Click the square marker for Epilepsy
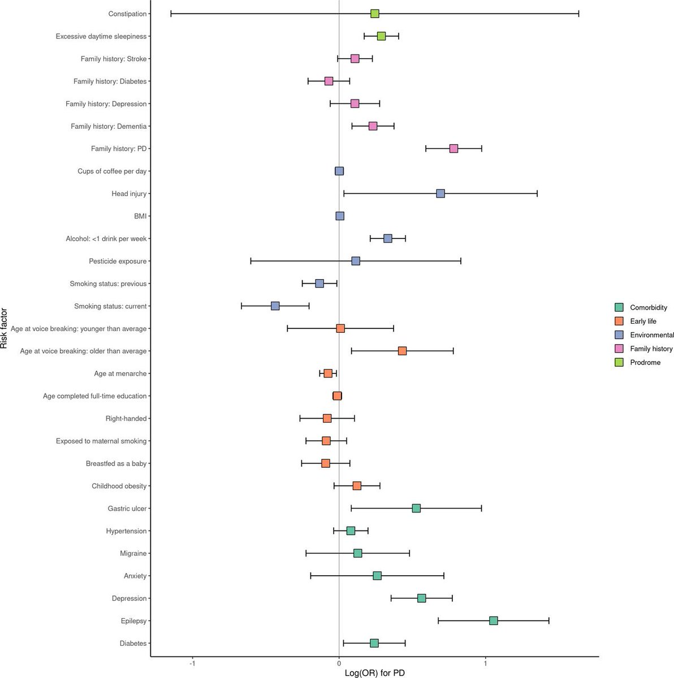(x=493, y=620)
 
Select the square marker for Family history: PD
(x=453, y=149)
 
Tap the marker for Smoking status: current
(x=275, y=306)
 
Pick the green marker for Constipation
(x=374, y=14)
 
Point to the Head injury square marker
(x=440, y=193)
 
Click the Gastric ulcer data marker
(x=416, y=508)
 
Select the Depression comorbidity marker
(x=421, y=598)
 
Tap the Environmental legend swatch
(x=619, y=335)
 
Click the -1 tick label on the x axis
(x=192, y=663)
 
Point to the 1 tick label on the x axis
(x=485, y=663)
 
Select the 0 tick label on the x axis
(x=339, y=663)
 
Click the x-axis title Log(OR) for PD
(x=374, y=673)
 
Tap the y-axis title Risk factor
(x=5, y=328)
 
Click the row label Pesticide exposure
(x=118, y=261)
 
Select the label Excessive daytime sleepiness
(x=101, y=36)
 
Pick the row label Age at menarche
(x=120, y=373)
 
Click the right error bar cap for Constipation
(x=578, y=14)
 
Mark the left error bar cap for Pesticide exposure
(x=250, y=261)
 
